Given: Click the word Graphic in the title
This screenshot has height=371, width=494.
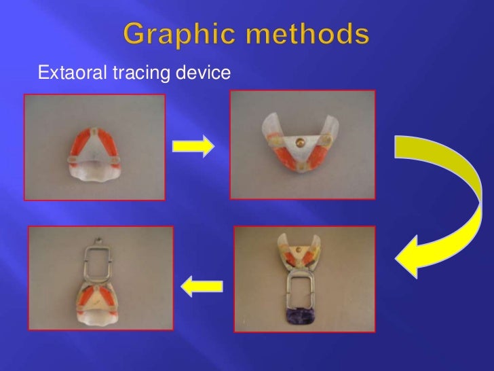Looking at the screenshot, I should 178,34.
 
